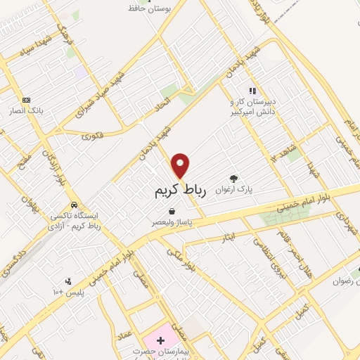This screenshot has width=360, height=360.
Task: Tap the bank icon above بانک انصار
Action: pos(27,100)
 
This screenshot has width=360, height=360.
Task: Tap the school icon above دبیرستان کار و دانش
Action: pos(252,91)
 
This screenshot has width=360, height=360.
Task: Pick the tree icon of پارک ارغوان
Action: pos(234,179)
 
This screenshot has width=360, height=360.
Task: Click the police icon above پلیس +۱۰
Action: pos(67,281)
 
